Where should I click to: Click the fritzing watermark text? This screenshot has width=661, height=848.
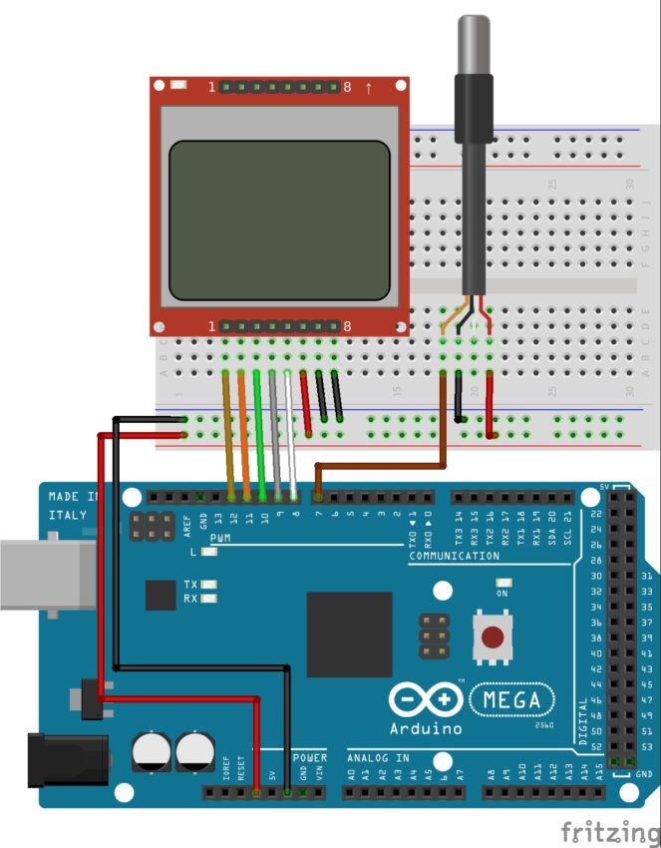(x=608, y=831)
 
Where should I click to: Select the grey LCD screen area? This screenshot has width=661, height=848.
(x=279, y=219)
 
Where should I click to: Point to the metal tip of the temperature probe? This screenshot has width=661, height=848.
(x=471, y=40)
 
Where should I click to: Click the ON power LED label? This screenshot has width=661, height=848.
(x=502, y=593)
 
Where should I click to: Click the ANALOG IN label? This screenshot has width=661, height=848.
(x=378, y=758)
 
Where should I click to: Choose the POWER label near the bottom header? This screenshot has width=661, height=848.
(x=309, y=758)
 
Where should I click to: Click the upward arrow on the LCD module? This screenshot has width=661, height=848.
(x=369, y=88)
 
